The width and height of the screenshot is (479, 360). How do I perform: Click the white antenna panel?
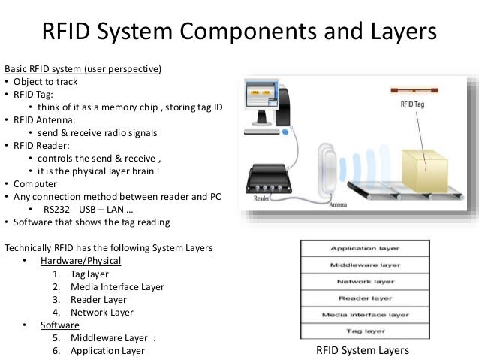pos(327,170)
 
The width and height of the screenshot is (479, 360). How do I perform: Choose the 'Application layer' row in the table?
pos(365,248)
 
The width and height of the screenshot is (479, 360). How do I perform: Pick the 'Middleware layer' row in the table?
pos(365,265)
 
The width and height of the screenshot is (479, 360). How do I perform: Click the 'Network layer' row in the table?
pos(365,281)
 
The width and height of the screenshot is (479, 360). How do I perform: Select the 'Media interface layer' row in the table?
pos(365,314)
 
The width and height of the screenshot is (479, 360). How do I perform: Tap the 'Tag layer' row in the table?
pos(365,331)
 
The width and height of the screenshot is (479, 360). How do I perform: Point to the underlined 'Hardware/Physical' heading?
pos(80,261)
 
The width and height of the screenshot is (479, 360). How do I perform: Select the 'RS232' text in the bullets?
pos(59,209)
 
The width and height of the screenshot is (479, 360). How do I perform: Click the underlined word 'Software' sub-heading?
pos(60,325)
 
